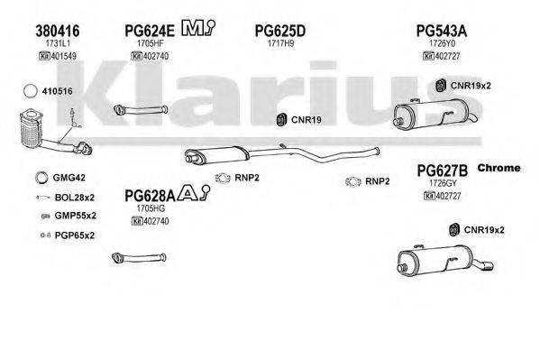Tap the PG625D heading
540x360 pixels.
(x=280, y=30)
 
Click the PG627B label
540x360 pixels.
(x=441, y=170)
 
